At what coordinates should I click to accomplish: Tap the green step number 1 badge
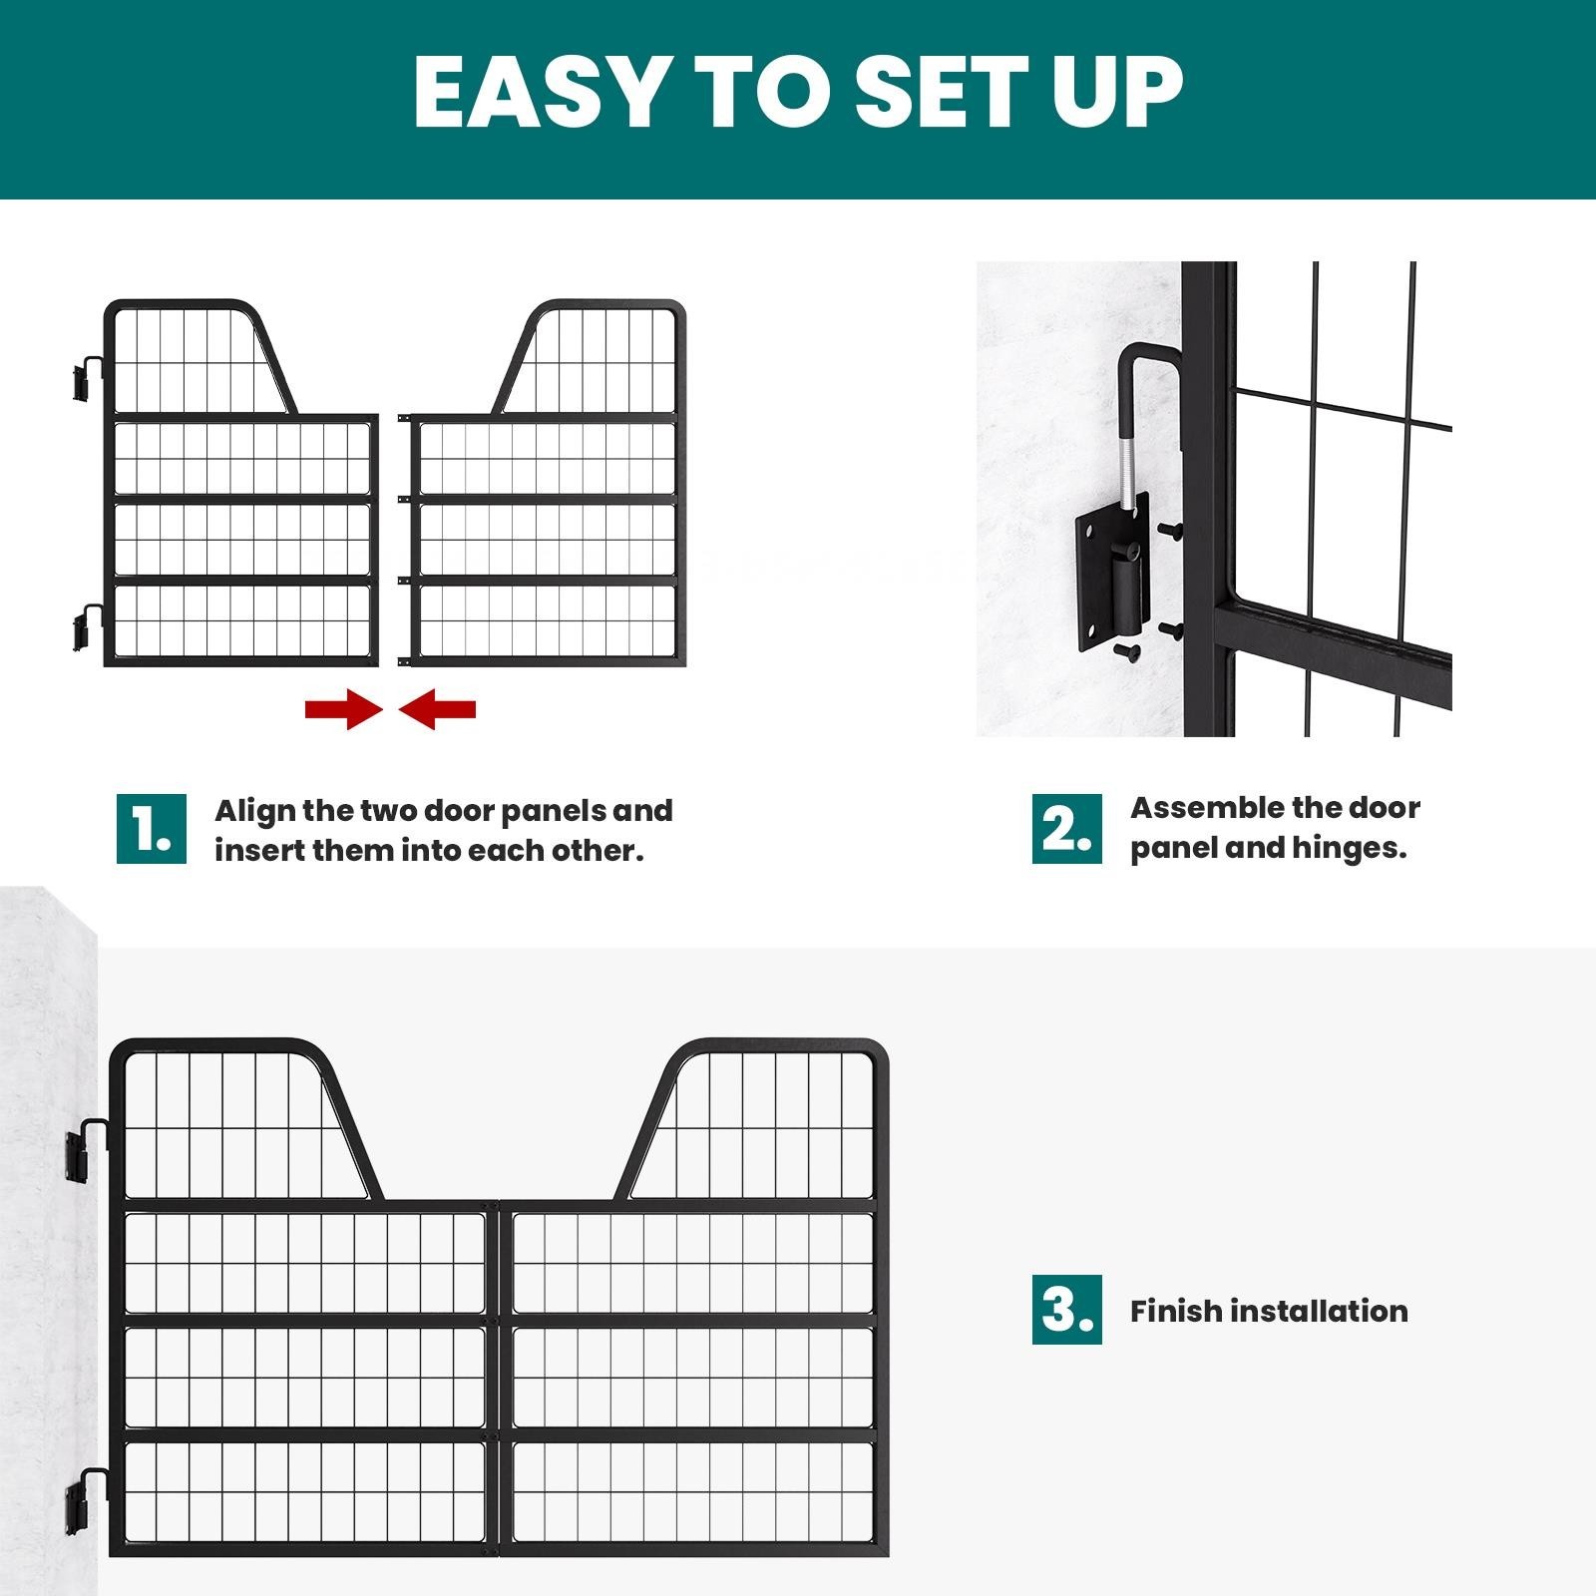(151, 829)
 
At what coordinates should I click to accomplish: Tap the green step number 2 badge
(1066, 829)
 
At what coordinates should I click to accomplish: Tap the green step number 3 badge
(1066, 1309)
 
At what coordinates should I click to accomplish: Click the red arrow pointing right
(343, 710)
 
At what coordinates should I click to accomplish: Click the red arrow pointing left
(438, 710)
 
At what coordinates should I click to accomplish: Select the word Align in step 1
(254, 810)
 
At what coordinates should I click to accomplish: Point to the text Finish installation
(1268, 1311)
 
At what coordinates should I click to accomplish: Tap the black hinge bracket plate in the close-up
(1109, 579)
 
